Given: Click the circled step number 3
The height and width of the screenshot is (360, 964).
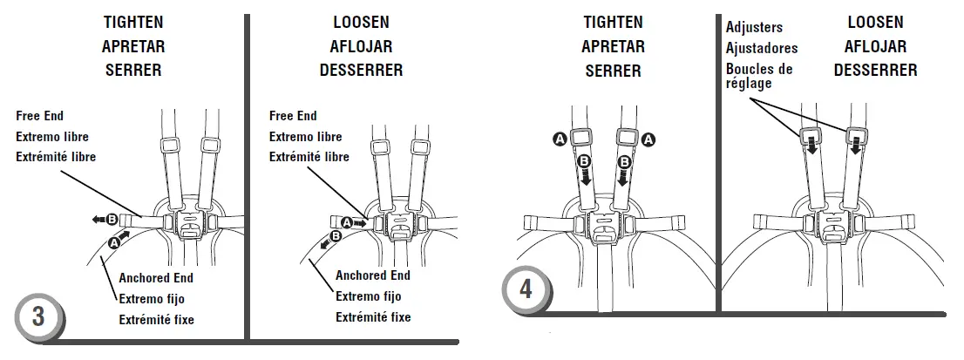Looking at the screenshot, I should [38, 316].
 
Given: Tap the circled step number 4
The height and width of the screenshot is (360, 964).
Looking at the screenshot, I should [526, 289].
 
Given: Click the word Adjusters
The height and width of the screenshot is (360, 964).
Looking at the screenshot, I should [754, 28].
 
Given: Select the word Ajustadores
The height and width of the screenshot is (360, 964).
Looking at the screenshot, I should [761, 48].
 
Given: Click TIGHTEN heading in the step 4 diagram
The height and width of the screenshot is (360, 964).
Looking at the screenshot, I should [614, 23].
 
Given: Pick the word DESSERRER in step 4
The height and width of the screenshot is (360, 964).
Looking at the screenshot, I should [875, 70].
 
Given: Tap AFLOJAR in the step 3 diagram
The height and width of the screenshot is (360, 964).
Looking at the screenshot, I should [361, 45].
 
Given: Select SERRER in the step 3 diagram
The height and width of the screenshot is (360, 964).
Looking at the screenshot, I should [133, 70].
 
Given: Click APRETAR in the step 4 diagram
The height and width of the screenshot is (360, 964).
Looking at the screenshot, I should [614, 46].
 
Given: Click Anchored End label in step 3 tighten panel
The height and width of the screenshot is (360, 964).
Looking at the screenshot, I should [156, 278].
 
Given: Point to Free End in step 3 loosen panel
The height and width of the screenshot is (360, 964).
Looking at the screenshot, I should [293, 116].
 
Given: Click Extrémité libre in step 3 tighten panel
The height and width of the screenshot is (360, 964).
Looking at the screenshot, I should [56, 158].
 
